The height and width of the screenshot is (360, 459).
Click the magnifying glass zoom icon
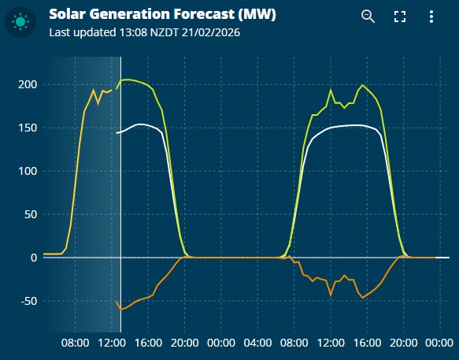click(368, 17)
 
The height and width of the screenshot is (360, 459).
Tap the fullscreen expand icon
click(399, 17)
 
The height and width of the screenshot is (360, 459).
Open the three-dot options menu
click(431, 17)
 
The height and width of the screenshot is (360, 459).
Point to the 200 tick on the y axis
click(27, 84)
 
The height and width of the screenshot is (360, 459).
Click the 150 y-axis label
click(27, 128)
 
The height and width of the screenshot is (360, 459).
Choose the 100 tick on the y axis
click(27, 171)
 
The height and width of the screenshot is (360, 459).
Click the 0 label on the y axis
click(32, 258)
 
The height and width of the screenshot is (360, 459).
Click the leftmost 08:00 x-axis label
click(75, 343)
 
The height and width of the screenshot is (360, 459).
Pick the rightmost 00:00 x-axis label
click(439, 343)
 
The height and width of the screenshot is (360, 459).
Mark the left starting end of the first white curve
click(117, 133)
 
